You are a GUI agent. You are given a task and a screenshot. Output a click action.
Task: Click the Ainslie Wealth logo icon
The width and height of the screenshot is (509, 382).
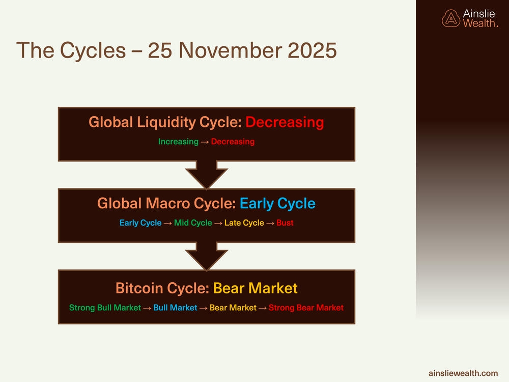coord(450,19)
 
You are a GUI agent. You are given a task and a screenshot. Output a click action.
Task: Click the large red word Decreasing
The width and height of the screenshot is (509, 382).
coord(285,122)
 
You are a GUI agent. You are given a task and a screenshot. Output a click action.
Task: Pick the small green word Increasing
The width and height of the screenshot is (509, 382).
coord(178,142)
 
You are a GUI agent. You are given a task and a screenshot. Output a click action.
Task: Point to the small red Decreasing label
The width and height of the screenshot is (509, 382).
coord(233,142)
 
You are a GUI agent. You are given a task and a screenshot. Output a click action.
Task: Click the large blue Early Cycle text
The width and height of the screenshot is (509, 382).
coord(277,204)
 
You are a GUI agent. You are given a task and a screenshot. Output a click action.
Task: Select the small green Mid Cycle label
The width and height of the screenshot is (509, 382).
coord(193,223)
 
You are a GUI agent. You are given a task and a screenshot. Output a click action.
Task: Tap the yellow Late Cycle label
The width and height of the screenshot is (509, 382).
coord(244,223)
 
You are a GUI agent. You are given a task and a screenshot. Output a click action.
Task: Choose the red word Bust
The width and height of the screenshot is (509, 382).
coord(285,223)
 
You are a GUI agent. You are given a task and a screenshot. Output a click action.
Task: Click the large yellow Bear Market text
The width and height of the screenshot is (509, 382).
coord(255,288)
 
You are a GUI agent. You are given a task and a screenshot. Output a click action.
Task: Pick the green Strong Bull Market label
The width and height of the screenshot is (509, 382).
coord(105,308)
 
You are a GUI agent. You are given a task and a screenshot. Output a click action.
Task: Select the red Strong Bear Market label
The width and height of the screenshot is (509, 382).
coord(306,308)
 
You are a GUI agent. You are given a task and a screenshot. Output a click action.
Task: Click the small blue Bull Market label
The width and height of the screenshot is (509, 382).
coord(175,308)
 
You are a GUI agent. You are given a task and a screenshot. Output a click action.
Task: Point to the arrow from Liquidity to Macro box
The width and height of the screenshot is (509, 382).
coord(206,175)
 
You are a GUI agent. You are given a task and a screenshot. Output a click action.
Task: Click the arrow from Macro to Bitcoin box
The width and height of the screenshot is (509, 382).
coord(206,256)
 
